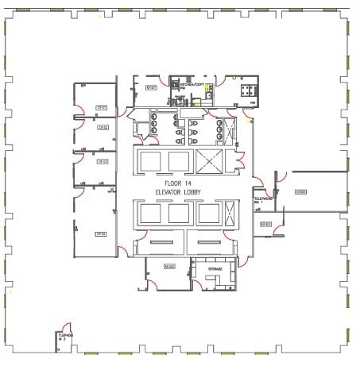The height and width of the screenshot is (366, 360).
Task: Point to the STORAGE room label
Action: pos(215,269)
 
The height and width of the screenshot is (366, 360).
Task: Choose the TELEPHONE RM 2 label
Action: pos(64,336)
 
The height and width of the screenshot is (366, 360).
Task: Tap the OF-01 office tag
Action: pos(101,107)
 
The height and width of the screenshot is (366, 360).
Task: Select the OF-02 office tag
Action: pos(103,127)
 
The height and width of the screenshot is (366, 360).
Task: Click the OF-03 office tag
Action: pos(102,161)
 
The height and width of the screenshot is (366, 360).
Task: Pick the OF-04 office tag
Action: pos(101,233)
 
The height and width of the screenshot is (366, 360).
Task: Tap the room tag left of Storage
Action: pos(168,266)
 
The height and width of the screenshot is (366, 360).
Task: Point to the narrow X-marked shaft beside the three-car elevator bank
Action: pos(230,214)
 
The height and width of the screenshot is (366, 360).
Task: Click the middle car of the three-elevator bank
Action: pos(179,213)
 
